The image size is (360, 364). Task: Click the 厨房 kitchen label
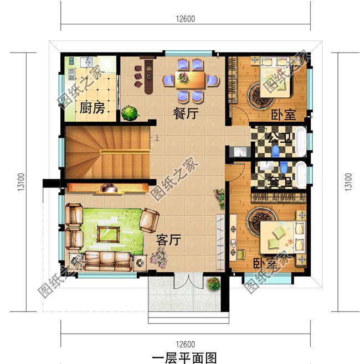pos(92,108)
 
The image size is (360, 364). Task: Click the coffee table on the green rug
pos(109,233)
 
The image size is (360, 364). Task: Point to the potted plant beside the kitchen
pos(130,112)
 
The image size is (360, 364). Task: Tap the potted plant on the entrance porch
pos(213,284)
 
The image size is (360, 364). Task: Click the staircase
pos(108,152)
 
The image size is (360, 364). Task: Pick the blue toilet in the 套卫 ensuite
pos(284,167)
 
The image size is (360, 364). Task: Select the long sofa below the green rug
pos(108,260)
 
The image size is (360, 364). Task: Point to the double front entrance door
pos(185,280)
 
